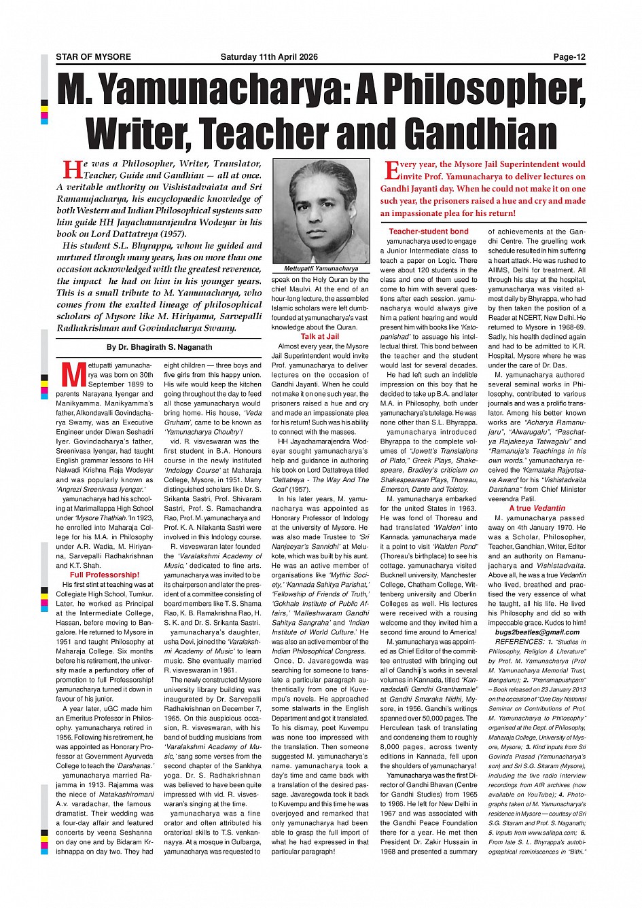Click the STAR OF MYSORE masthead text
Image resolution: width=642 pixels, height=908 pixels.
tap(93, 57)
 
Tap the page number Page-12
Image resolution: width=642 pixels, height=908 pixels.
tap(569, 57)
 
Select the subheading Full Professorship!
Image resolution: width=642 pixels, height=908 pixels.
tap(105, 575)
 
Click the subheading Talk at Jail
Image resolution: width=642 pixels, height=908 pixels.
tap(320, 336)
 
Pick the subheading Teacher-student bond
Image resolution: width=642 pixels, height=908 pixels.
tap(429, 232)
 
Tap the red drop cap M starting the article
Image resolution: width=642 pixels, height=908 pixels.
tap(71, 374)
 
